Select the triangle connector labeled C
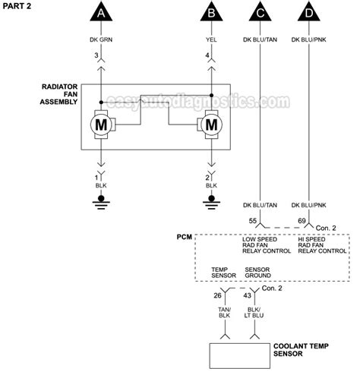click(x=261, y=13)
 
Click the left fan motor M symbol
click(x=100, y=123)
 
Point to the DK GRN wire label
click(x=100, y=40)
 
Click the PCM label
click(x=185, y=238)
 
